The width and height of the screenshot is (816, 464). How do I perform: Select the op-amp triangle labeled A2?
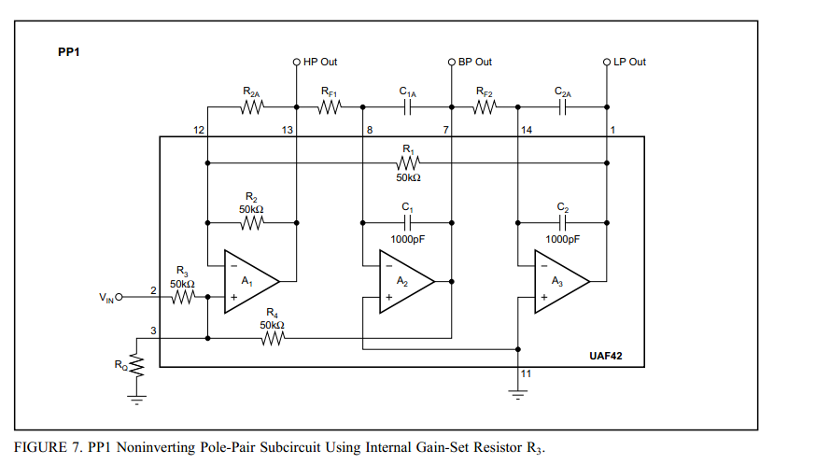404,281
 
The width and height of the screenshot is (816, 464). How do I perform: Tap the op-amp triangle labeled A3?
559,281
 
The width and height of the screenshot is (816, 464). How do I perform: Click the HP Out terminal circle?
297,63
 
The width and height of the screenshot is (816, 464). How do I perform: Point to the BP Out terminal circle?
452,63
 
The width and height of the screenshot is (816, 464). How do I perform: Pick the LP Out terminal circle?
607,63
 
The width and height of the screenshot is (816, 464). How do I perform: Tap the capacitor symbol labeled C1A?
407,107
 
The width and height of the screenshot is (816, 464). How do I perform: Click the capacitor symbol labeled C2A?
562,107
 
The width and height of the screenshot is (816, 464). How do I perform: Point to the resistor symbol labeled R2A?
252,107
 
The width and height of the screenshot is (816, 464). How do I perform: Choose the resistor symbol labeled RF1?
330,107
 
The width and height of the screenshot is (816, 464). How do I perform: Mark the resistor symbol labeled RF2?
485,107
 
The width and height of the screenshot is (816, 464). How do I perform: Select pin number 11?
527,373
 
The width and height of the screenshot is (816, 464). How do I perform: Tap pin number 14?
527,130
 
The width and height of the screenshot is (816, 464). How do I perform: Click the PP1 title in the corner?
69,52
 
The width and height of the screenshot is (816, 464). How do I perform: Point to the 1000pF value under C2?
562,239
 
